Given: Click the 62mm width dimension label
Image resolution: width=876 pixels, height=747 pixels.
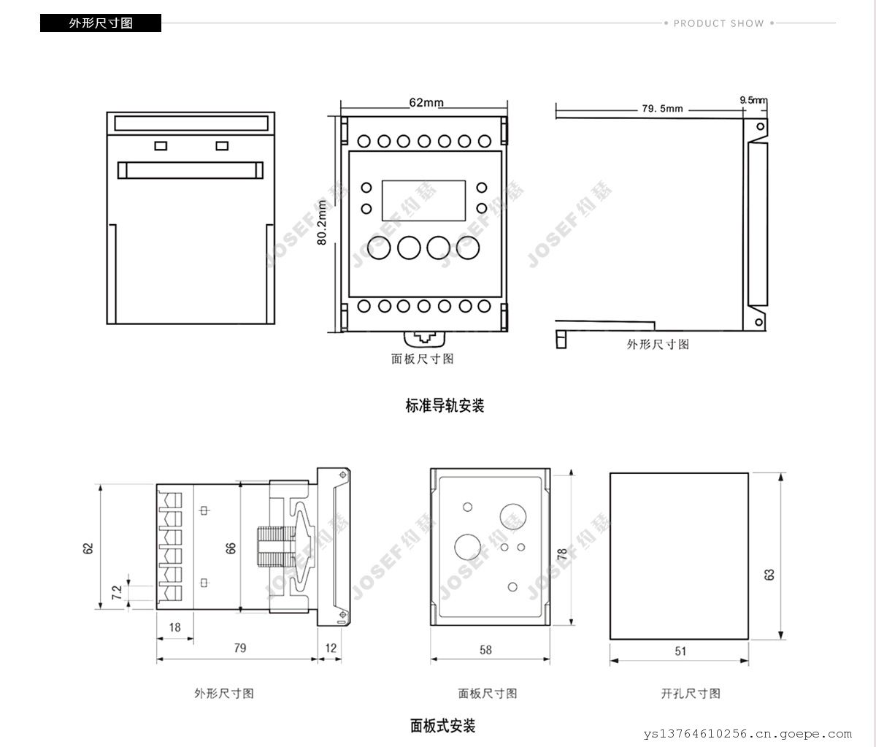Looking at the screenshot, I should (x=426, y=103).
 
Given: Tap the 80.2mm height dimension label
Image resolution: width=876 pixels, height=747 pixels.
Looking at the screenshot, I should (x=323, y=222).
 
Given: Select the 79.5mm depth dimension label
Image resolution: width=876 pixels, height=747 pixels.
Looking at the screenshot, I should (x=662, y=109).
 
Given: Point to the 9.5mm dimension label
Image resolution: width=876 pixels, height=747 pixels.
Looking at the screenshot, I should (x=753, y=99).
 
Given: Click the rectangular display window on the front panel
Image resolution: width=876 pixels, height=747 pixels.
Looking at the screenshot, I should (x=423, y=199).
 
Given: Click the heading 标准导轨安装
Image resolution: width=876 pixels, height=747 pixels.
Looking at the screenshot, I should (x=445, y=405).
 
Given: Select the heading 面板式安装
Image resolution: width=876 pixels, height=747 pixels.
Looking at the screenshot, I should (x=442, y=726).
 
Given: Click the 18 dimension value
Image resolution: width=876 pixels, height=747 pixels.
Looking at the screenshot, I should (x=175, y=627).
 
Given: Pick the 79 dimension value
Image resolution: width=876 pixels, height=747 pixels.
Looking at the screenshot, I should (x=239, y=648).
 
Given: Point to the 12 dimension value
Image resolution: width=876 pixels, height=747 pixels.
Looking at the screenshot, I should (x=331, y=648).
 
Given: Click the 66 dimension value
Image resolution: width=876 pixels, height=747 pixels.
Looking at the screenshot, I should (x=231, y=548).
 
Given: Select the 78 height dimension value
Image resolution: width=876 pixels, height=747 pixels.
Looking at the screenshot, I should (x=562, y=554).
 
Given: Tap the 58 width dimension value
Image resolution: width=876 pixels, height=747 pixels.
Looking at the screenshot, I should (x=485, y=649).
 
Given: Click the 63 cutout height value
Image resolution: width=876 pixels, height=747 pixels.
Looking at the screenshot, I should (x=769, y=575).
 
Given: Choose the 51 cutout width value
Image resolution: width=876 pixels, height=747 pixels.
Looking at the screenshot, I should (x=680, y=651).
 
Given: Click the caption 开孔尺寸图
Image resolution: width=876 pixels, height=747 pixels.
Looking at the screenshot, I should (x=691, y=693).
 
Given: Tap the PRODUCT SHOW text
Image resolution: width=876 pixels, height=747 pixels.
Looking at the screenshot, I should (x=718, y=23).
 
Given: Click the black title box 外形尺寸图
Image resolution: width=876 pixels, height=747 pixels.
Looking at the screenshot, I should (x=101, y=23).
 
